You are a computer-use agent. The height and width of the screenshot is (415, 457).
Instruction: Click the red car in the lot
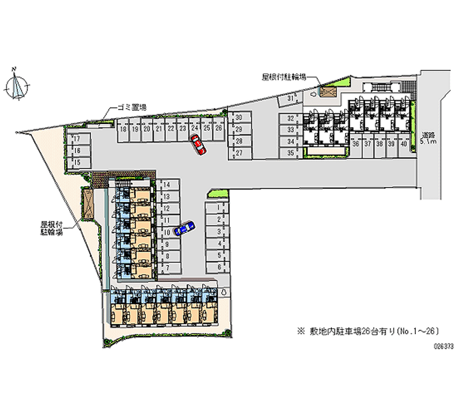point(198,146)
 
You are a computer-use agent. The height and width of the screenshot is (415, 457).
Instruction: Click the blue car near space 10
point(184,228)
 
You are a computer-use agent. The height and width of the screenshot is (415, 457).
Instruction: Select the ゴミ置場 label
point(132,107)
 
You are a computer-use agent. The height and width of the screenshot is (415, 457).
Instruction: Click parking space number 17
point(78,139)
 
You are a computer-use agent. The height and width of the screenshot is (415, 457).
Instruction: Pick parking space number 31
point(290,99)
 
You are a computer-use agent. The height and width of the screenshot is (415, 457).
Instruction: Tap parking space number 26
point(218,129)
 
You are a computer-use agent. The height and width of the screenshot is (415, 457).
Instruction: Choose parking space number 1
point(219,209)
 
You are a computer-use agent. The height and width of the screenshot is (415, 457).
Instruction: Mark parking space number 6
point(219,267)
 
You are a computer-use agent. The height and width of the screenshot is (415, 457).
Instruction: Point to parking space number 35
point(290,152)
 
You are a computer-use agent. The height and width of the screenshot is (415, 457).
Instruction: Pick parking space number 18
point(123,130)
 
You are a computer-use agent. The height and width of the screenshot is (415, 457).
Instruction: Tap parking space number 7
point(167,267)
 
